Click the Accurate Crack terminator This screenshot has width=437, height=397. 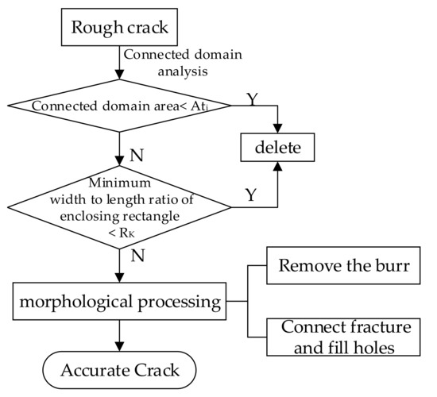pyautogui.click(x=118, y=369)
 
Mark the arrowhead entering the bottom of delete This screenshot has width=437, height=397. pyautogui.click(x=277, y=166)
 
